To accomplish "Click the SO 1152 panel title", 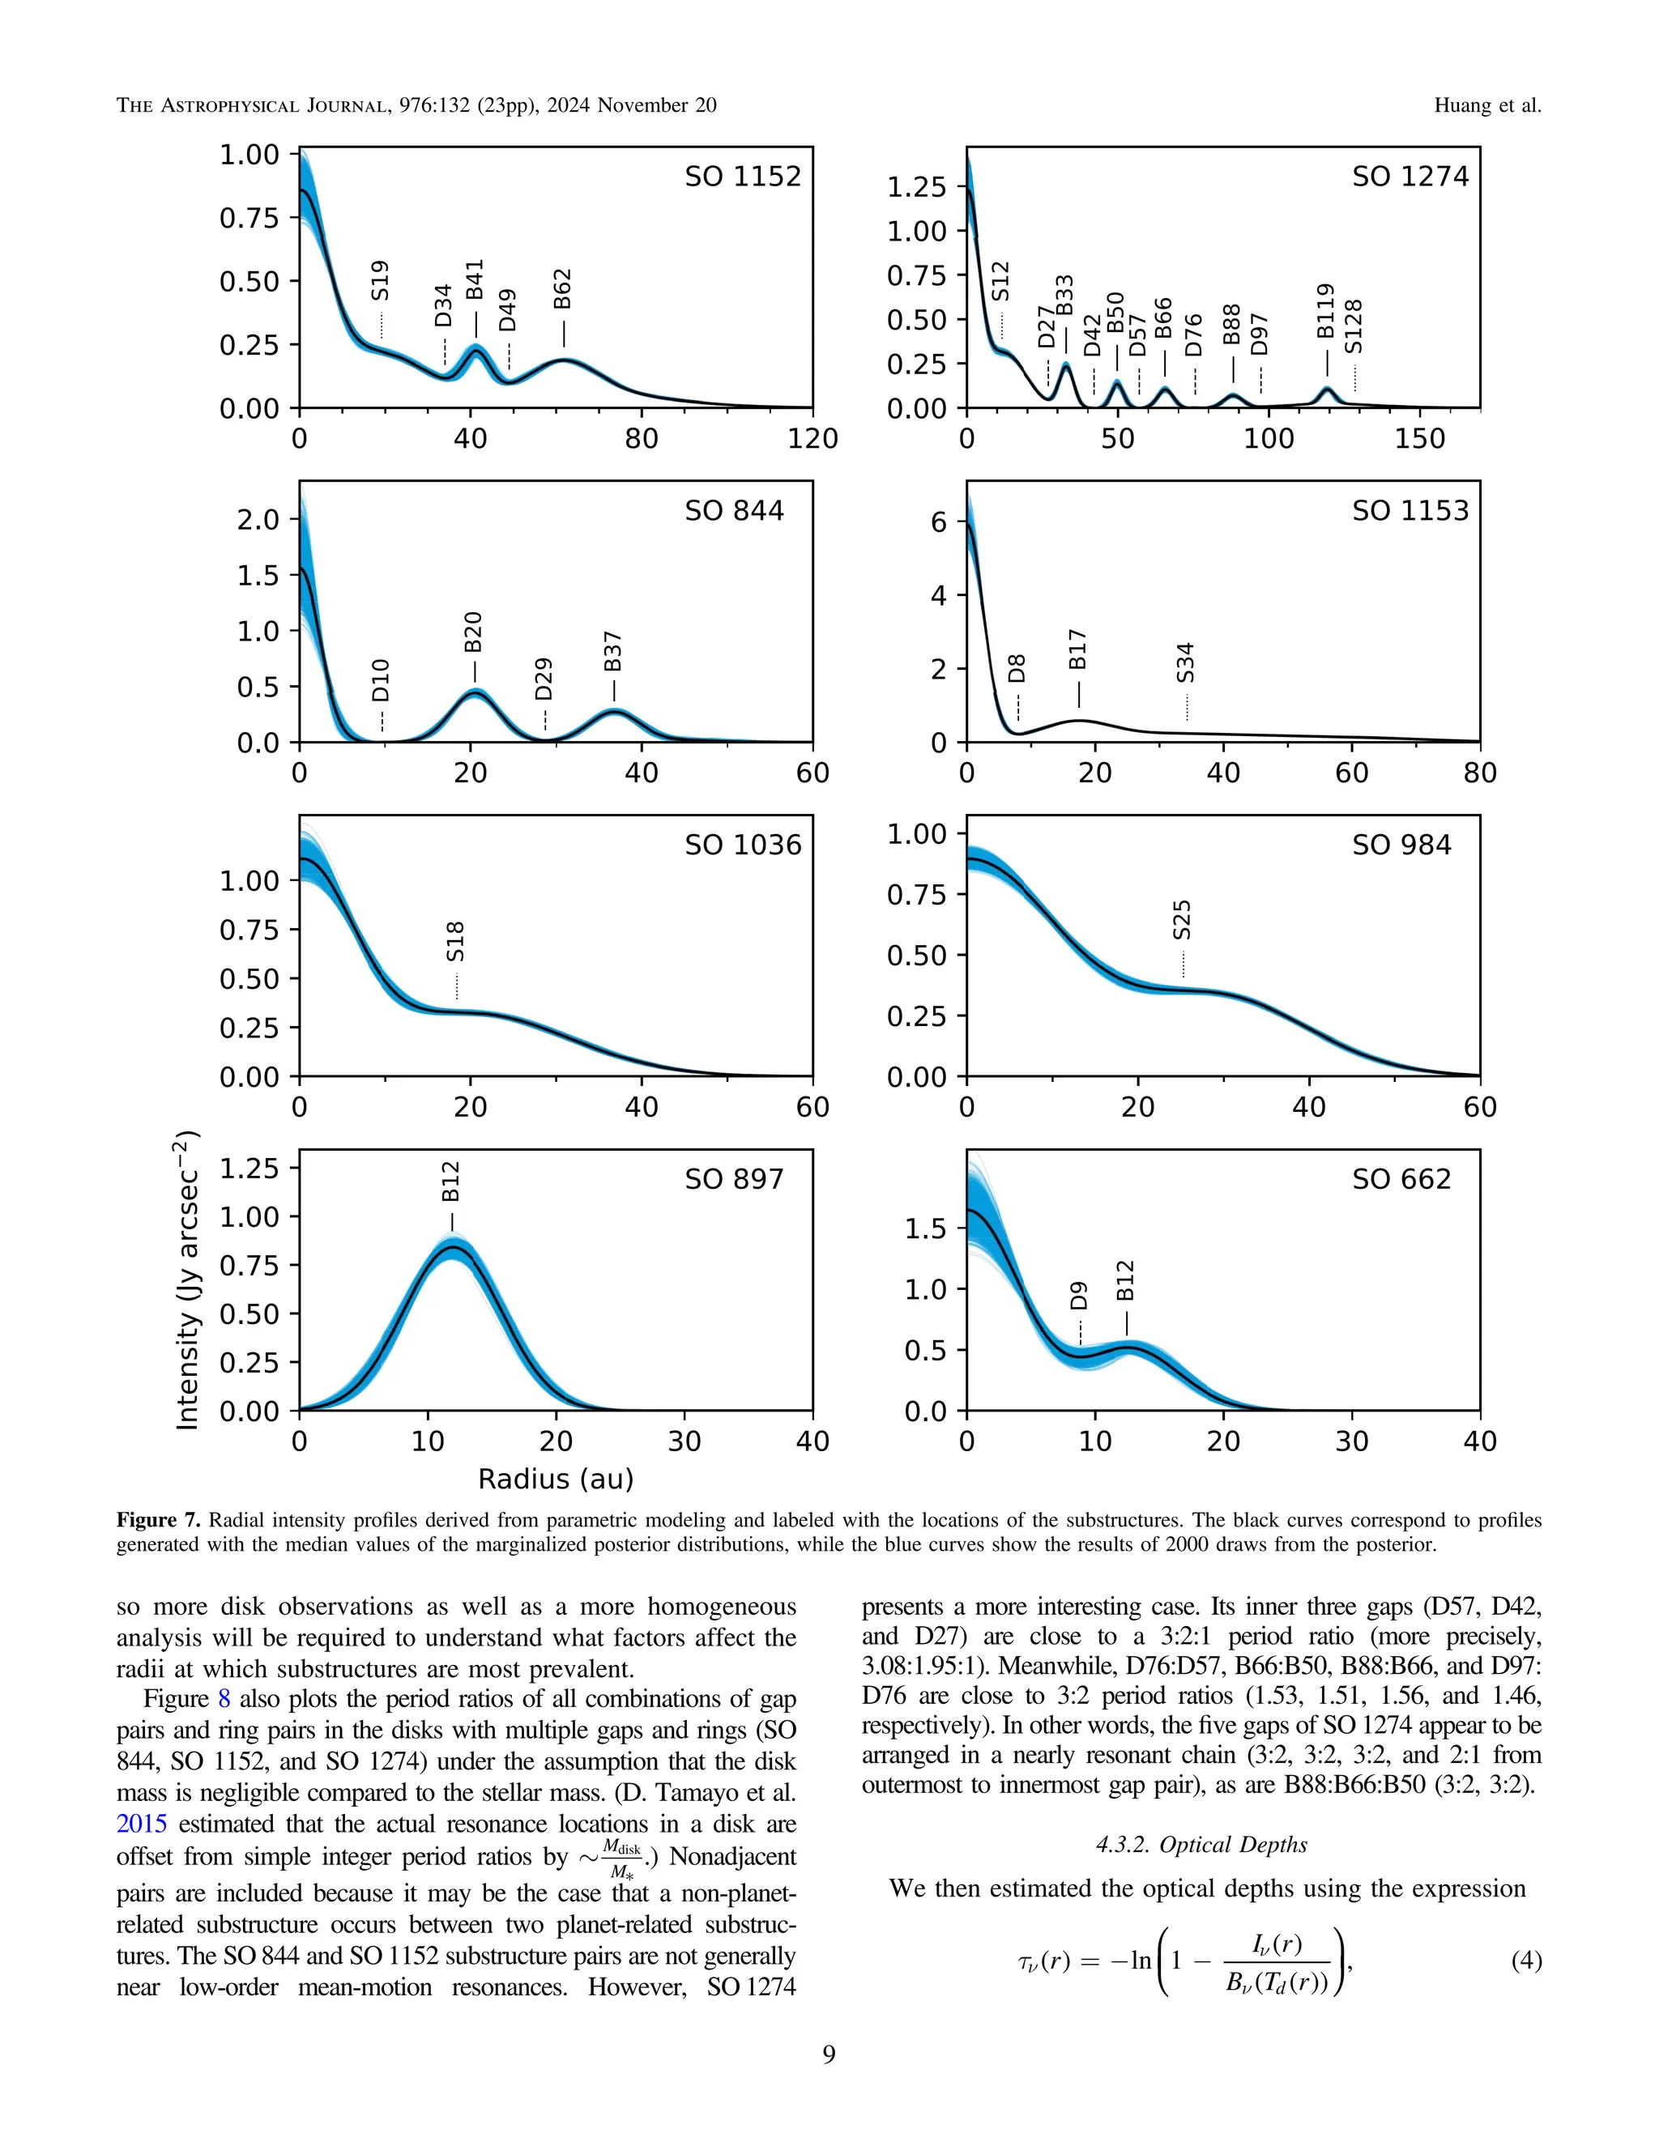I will point(742,177).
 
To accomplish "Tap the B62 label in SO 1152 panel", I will point(562,289).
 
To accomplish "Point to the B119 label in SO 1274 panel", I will point(1326,312).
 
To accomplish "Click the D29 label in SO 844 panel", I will point(544,679).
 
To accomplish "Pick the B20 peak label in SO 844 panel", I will point(473,632).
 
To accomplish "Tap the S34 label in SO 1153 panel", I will point(1185,663).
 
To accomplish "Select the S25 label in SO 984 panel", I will point(1183,920).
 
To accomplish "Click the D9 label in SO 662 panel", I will point(1079,1296).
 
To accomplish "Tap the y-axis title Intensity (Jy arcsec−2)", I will point(187,1280).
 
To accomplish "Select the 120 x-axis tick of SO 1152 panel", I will point(812,438).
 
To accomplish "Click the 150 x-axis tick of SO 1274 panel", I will point(1419,438).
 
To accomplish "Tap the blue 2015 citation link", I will point(140,1824).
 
